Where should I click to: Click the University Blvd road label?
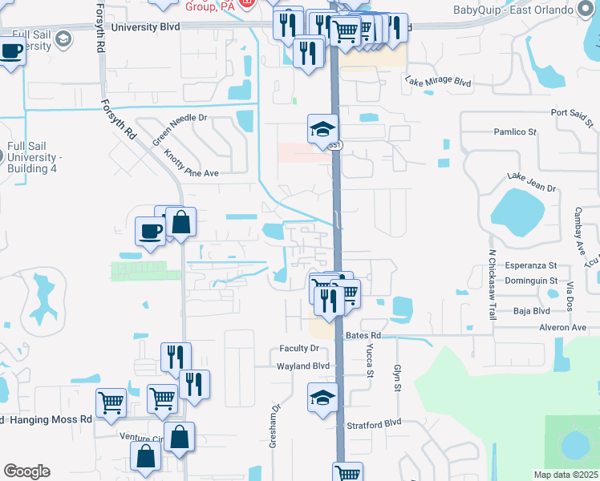146,26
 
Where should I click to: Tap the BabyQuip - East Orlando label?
512,10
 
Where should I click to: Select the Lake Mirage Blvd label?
438,82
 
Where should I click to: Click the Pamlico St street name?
515,131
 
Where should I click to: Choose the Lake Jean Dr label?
532,181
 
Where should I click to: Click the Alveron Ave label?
562,327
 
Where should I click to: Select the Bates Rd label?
363,334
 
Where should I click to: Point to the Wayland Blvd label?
303,366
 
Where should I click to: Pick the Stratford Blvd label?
373,422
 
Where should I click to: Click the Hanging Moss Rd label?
48,419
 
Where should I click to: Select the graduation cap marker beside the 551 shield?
322,130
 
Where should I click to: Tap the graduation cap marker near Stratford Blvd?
322,398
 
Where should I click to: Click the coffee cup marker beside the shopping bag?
150,232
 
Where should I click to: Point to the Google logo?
26,471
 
